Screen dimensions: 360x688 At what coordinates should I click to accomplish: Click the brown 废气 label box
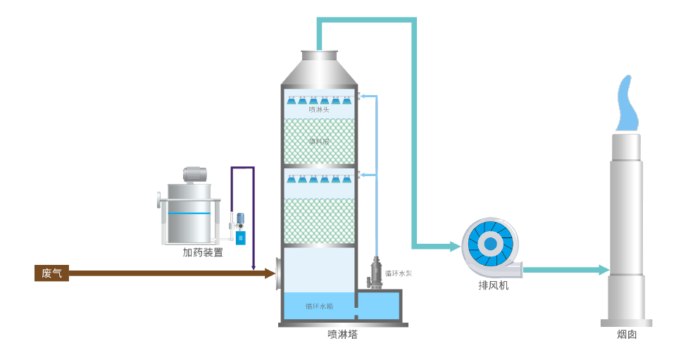point(51,273)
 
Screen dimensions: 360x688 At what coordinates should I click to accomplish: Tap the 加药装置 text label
point(203,252)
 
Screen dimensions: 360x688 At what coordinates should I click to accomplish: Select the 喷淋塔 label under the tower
point(342,334)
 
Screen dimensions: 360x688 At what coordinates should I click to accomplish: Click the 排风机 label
point(493,285)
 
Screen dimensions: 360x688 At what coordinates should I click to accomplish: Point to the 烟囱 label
point(627,335)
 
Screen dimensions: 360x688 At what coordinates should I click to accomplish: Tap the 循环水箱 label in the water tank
point(319,306)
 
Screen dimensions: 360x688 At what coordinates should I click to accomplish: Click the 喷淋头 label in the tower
point(319,109)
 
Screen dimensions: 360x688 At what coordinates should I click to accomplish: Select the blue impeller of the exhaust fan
point(490,244)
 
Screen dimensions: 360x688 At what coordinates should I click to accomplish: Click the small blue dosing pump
point(240,237)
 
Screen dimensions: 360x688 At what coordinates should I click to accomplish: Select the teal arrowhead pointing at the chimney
point(603,270)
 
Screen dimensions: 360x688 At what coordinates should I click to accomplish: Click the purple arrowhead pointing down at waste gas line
point(253,266)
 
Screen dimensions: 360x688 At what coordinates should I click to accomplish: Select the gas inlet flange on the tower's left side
point(279,273)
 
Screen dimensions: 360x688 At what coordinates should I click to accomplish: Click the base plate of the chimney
point(626,323)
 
